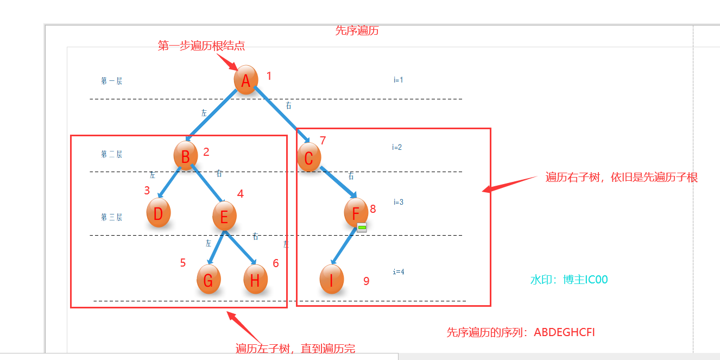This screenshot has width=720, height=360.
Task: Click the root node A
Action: point(245,80)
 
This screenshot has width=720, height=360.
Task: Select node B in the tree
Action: point(185,156)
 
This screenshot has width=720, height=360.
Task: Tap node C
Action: point(308,157)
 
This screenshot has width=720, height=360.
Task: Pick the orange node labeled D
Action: point(159,213)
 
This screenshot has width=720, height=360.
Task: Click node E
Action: point(224,217)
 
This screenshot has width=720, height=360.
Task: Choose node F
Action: point(356,212)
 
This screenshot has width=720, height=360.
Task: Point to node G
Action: point(209,280)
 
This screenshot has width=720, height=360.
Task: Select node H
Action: point(255,280)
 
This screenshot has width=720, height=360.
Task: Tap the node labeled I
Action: point(331,280)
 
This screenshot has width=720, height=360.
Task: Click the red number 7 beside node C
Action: point(323,141)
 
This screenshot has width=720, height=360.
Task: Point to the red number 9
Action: point(367,281)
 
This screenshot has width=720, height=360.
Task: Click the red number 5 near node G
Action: point(183,263)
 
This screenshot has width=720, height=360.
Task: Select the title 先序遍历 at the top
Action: point(357,31)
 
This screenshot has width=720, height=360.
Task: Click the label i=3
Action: point(399,202)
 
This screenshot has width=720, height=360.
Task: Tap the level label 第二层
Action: point(111,154)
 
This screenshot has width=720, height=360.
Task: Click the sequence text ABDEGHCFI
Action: point(564,332)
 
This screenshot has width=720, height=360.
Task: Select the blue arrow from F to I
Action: point(343,247)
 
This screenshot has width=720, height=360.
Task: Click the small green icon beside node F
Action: point(362,227)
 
